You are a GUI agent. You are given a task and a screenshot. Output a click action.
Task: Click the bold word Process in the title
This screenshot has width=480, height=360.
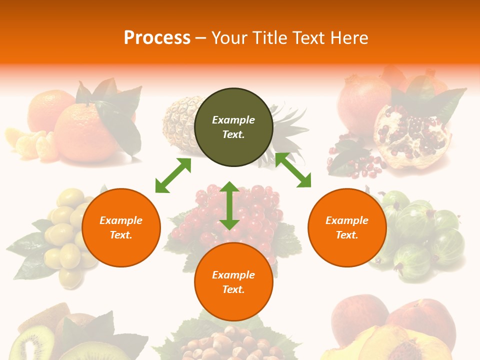click(157, 38)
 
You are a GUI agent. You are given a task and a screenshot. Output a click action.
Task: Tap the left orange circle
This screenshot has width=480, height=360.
click(121, 227)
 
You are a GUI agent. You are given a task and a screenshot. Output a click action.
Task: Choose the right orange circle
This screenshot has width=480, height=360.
click(347, 227)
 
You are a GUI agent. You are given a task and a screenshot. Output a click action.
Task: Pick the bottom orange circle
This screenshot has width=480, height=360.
click(233, 281)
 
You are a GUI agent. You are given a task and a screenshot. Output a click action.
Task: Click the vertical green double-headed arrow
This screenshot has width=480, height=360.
click(229, 205)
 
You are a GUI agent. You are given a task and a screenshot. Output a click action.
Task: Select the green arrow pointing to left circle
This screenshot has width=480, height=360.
click(173, 175)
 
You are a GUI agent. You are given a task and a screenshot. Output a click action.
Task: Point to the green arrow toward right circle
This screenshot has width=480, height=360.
click(293, 170)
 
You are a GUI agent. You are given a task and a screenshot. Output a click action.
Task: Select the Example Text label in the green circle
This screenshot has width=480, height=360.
click(233, 127)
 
